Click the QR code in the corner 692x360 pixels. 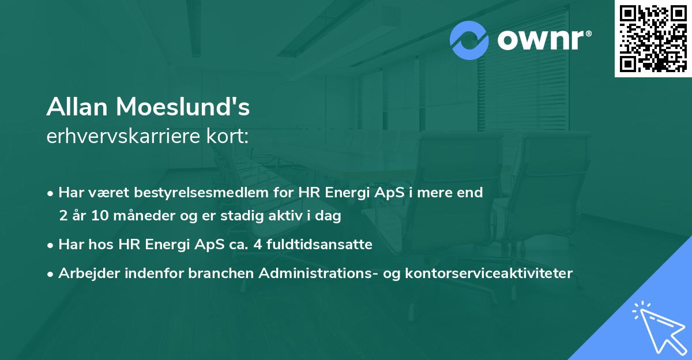(x=653, y=38)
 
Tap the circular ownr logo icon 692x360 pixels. (x=470, y=41)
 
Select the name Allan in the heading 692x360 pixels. (x=79, y=108)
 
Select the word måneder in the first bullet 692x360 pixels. (x=130, y=216)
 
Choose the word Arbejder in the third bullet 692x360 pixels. (x=84, y=273)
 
